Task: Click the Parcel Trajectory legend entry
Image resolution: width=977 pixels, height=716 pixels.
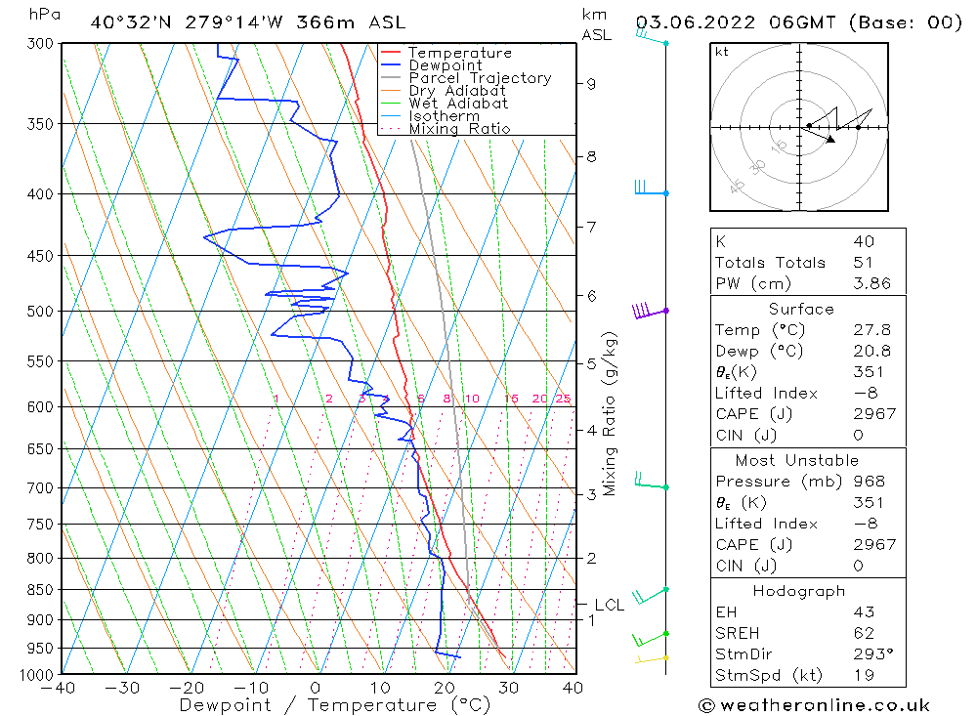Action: (x=480, y=78)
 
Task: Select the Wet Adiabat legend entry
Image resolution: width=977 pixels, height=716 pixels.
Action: (x=458, y=104)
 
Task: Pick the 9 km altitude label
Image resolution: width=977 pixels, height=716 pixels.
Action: (x=591, y=84)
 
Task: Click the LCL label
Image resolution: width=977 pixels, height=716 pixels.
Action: (x=609, y=606)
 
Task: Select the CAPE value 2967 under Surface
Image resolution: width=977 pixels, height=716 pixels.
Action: (x=872, y=414)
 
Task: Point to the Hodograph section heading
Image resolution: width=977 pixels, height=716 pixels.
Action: (x=800, y=592)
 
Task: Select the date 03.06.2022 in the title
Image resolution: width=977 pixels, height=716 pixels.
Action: (x=701, y=22)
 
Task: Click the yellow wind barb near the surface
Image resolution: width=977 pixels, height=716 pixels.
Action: (x=649, y=660)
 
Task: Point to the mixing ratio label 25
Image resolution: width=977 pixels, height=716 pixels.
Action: (x=563, y=399)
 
